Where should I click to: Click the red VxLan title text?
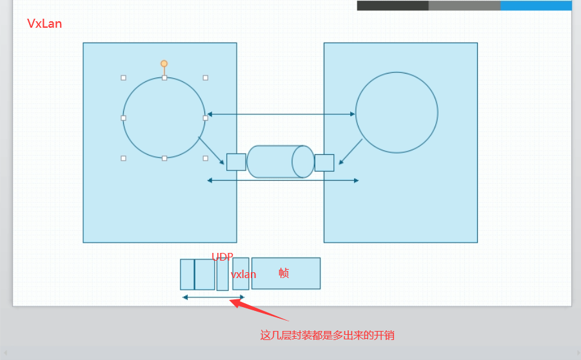point(44,24)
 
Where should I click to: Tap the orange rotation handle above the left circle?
point(164,63)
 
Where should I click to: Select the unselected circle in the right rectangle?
point(397,112)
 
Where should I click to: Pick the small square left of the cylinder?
point(236,162)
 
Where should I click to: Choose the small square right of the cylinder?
point(324,163)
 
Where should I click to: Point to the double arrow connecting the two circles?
point(281,114)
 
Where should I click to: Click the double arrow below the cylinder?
point(282,181)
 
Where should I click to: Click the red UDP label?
point(222,257)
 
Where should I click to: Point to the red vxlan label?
point(243,275)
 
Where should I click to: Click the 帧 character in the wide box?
point(284,273)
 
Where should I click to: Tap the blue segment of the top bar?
point(535,5)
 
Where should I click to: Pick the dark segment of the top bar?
point(392,5)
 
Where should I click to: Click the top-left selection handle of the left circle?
point(123,77)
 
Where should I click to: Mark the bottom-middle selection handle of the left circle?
point(164,158)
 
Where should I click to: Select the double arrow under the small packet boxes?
point(213,297)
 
